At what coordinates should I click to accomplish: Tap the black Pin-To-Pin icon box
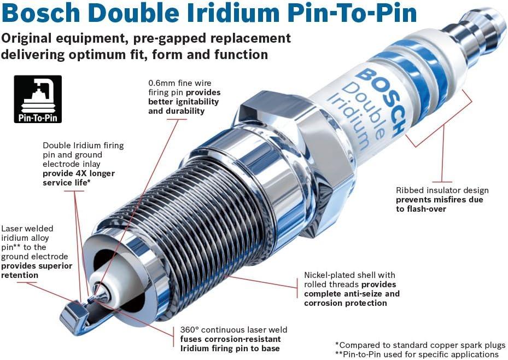pyautogui.click(x=38, y=99)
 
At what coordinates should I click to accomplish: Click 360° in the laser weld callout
pyautogui.click(x=190, y=330)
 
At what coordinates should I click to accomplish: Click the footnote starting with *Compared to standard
pyautogui.click(x=420, y=345)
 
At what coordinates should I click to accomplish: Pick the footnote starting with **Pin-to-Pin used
pyautogui.click(x=417, y=355)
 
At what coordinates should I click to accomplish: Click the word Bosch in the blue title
pyautogui.click(x=41, y=13)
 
